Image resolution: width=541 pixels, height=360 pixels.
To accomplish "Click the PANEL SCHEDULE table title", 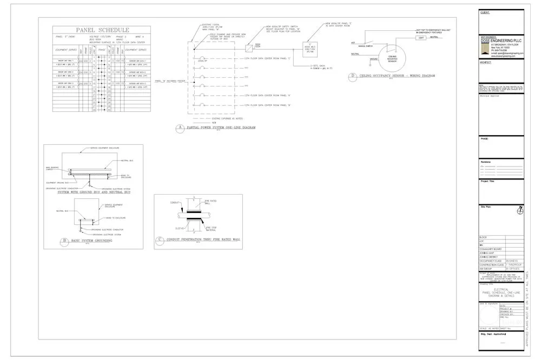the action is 102,30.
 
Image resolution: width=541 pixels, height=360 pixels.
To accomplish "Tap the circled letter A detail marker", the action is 181,129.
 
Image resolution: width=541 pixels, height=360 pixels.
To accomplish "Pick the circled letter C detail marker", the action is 160,239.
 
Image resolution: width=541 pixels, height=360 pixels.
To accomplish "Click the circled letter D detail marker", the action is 353,76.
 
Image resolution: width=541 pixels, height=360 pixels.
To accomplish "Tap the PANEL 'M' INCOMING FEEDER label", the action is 170,81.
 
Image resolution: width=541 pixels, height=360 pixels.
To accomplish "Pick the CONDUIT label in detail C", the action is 175,203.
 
